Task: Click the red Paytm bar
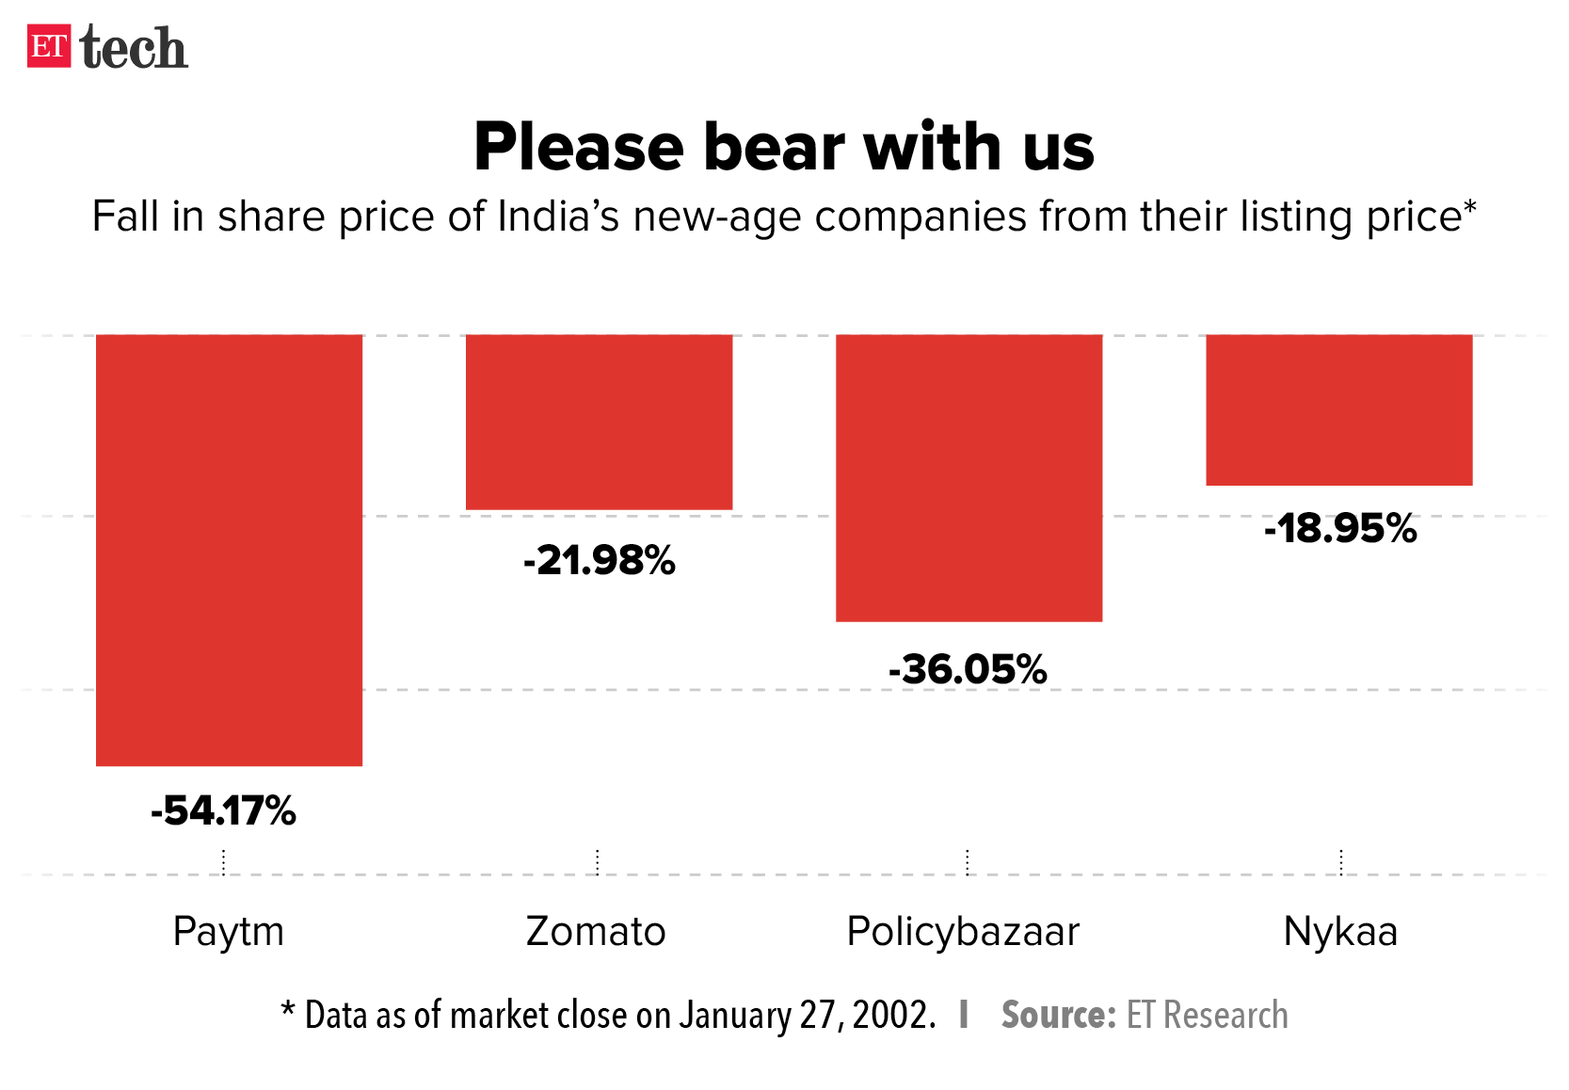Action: coord(229,550)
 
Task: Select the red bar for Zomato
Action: coord(599,422)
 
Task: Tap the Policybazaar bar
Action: coord(969,477)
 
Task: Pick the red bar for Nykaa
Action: coord(1338,409)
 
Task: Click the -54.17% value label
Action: coord(224,810)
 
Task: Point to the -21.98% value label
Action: coord(600,561)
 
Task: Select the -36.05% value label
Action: coord(968,670)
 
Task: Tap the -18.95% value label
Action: coord(1340,529)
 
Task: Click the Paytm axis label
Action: coord(228,932)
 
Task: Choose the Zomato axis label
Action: coord(596,932)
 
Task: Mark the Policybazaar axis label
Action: coord(963,932)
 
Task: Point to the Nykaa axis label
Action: coord(1340,932)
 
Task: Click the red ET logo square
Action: coord(49,46)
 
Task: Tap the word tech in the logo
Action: coord(134,48)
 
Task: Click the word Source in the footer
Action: coord(1058,1015)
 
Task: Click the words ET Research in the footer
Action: coord(1207,1015)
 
